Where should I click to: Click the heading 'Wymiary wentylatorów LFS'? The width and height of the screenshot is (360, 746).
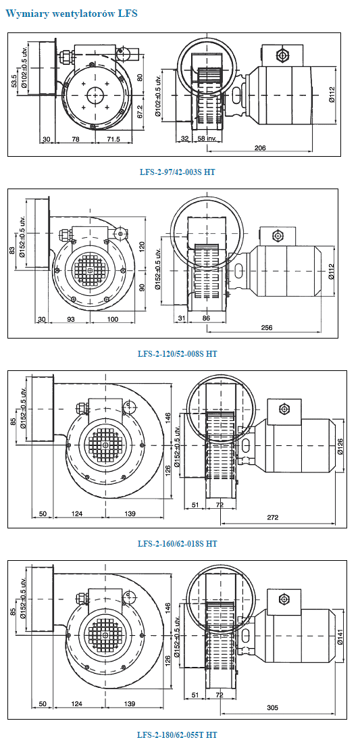pyautogui.click(x=72, y=14)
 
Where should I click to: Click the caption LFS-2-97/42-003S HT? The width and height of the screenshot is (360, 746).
pyautogui.click(x=178, y=172)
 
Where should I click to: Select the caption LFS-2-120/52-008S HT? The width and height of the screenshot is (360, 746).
pyautogui.click(x=178, y=353)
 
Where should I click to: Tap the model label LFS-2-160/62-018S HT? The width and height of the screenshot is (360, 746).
pyautogui.click(x=178, y=543)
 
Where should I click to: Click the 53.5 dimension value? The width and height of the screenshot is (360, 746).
pyautogui.click(x=14, y=82)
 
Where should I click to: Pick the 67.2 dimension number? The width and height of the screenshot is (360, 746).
pyautogui.click(x=140, y=111)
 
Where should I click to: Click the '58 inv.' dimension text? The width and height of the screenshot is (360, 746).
pyautogui.click(x=207, y=139)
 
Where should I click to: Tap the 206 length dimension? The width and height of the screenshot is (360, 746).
pyautogui.click(x=259, y=148)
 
